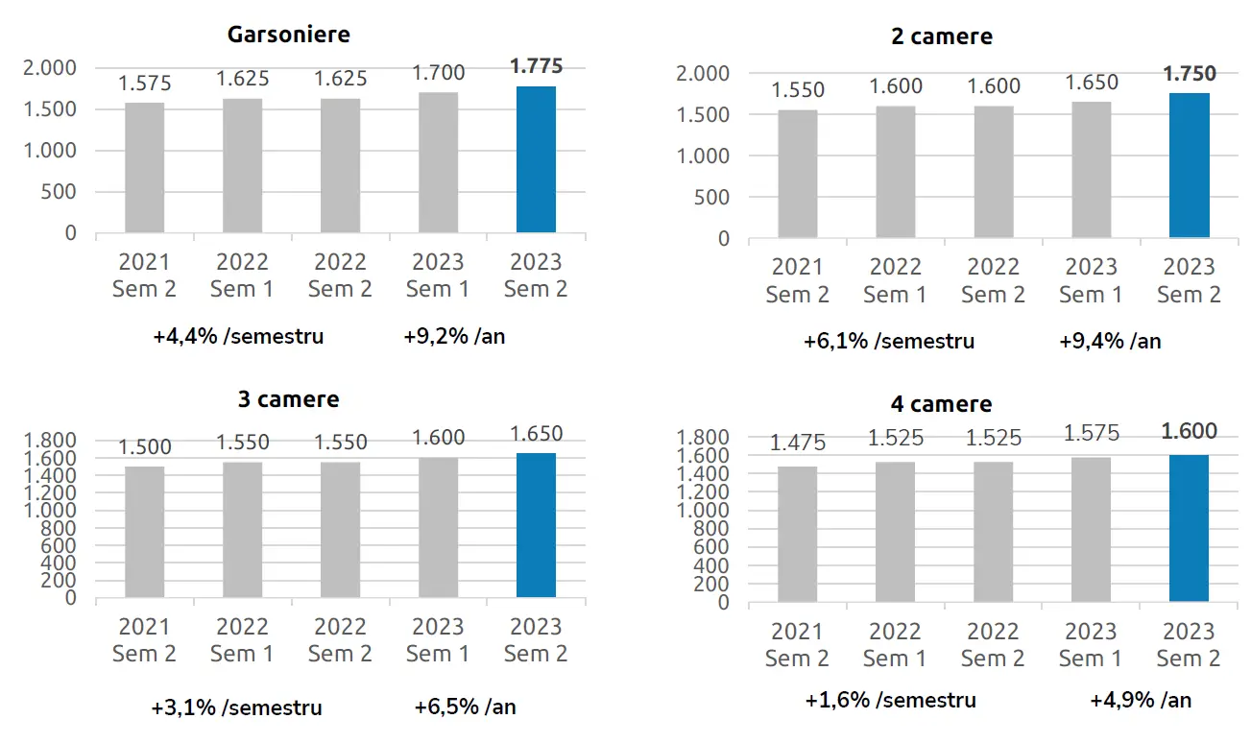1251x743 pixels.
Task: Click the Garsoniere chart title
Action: click(288, 35)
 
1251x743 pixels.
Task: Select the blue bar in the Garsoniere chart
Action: click(536, 159)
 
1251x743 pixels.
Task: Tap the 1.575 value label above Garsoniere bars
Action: click(145, 84)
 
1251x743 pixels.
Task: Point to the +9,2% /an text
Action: click(454, 337)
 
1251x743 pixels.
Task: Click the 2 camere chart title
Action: click(941, 37)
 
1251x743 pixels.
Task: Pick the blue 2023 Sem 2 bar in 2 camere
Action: click(1189, 165)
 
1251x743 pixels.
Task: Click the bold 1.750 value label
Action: click(1189, 74)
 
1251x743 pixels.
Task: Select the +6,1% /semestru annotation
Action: click(889, 341)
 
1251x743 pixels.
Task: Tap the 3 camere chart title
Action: click(288, 398)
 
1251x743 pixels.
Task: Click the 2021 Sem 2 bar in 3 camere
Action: click(145, 532)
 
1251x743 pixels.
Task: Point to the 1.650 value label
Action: click(536, 433)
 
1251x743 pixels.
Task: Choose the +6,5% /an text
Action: click(465, 707)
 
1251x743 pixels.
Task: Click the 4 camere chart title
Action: click(941, 404)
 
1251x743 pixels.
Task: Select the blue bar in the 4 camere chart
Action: click(1189, 528)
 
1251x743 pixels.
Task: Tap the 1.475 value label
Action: click(798, 443)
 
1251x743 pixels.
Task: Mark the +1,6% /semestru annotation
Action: click(890, 700)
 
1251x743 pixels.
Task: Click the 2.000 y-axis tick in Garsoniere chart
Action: click(50, 68)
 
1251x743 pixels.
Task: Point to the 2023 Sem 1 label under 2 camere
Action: click(1091, 280)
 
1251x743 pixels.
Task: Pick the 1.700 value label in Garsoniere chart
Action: click(438, 72)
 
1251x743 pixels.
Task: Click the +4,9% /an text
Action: click(1141, 700)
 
